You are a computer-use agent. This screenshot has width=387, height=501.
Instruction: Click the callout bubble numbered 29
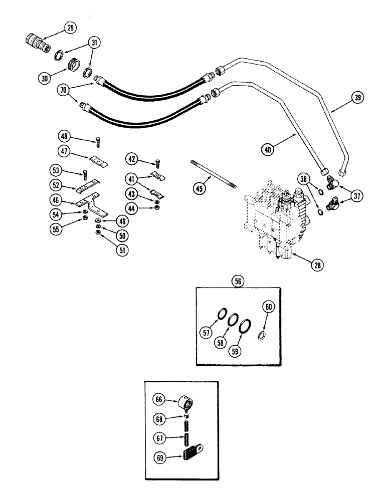point(71,28)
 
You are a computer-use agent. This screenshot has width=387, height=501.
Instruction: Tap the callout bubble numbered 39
point(356,98)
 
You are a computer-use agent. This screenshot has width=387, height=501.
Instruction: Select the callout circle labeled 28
point(315,266)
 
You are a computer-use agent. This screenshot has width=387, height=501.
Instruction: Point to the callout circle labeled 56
point(238,282)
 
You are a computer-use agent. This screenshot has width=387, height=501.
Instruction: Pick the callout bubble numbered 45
point(199,189)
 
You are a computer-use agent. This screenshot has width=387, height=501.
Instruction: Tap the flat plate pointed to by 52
point(87,189)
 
